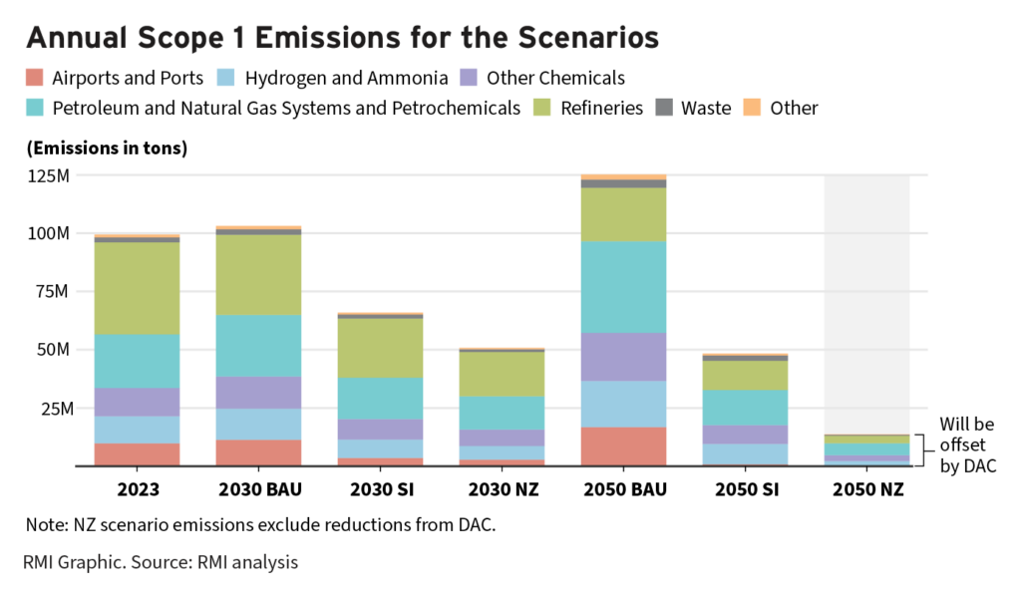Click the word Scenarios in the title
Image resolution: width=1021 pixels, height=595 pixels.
point(588,38)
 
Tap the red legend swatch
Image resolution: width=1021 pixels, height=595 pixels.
point(35,77)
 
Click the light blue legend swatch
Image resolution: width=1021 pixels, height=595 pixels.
point(226,77)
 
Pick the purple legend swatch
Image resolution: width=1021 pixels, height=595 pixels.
point(469,77)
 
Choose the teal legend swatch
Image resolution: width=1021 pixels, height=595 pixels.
point(35,107)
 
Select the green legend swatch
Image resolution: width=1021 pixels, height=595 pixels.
point(541,107)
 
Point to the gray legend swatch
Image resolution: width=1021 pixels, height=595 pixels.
point(664,107)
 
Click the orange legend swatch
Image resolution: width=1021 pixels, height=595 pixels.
point(752,107)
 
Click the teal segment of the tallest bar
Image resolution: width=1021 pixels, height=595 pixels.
point(623,287)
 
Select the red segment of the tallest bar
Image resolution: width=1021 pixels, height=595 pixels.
point(623,446)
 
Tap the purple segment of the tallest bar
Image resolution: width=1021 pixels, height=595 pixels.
point(623,357)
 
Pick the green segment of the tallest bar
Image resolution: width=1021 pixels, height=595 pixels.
point(623,214)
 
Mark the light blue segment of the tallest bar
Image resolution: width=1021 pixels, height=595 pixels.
point(623,404)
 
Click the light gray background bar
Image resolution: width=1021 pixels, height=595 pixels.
point(866,299)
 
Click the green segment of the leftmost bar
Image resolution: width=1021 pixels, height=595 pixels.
point(137,288)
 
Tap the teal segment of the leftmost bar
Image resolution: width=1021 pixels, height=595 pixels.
point(137,361)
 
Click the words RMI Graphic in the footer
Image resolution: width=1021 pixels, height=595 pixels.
point(74,563)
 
